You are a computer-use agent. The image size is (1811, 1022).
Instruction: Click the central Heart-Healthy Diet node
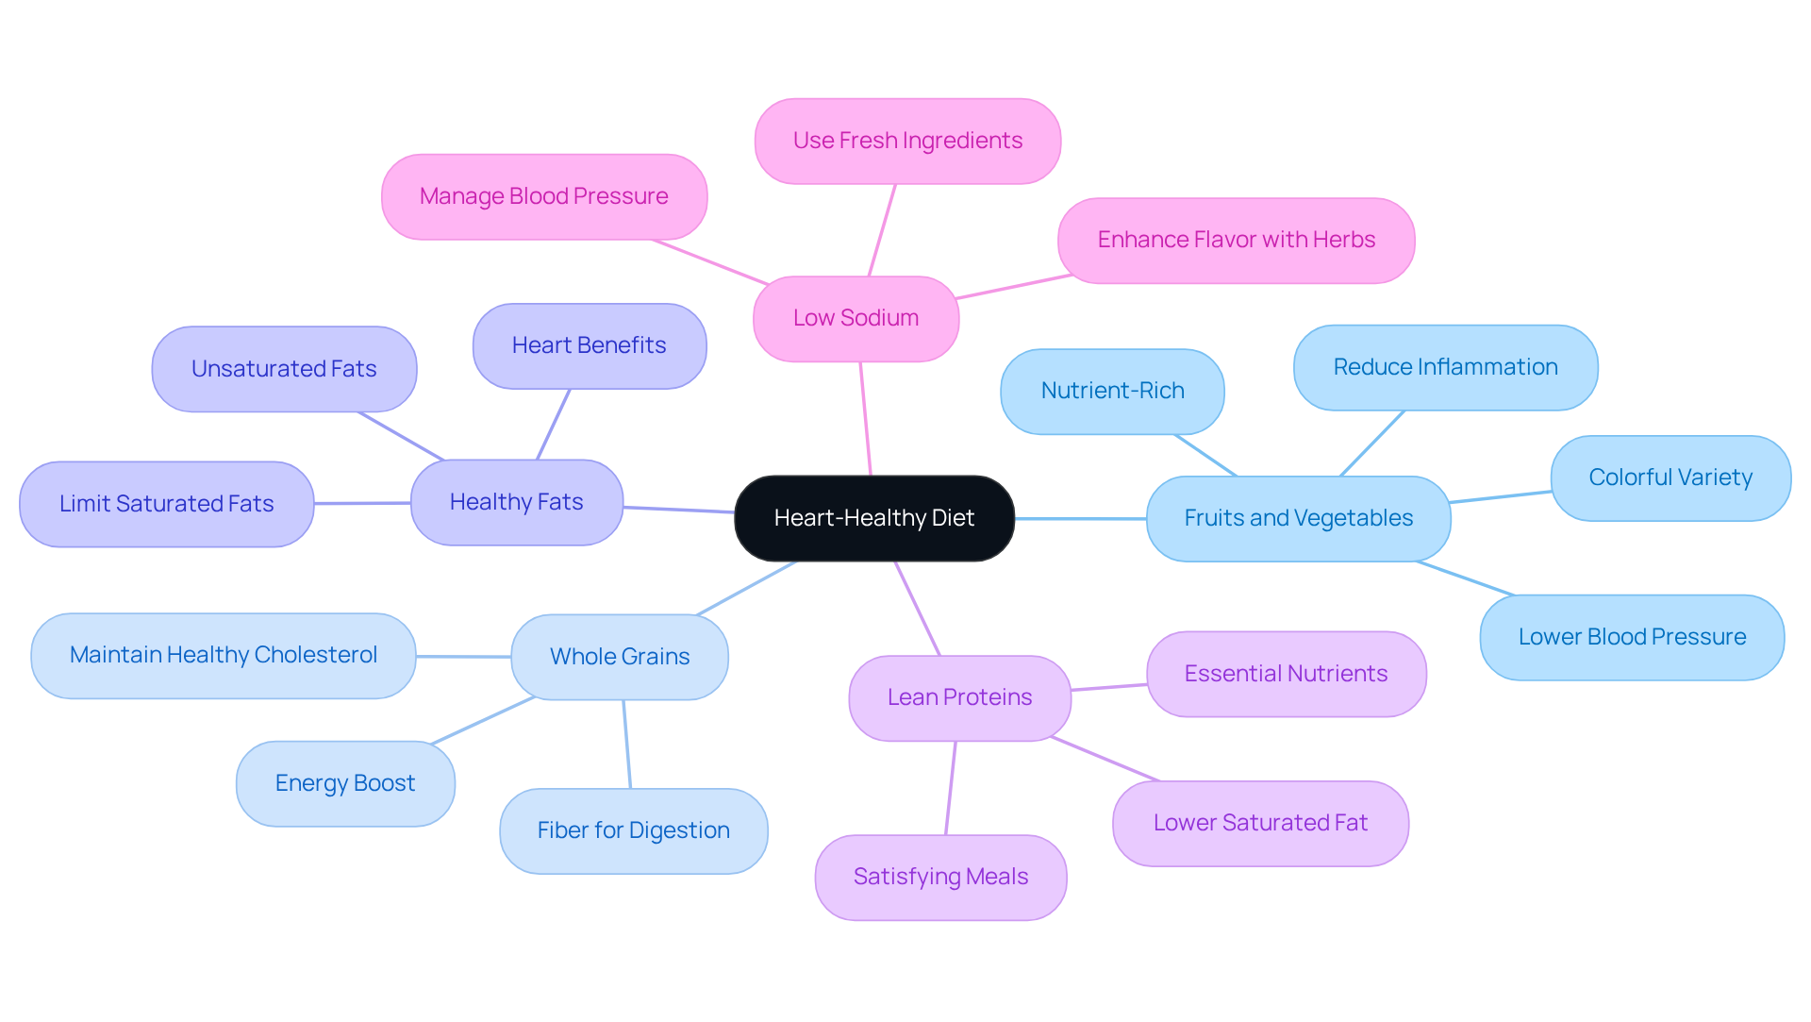(873, 518)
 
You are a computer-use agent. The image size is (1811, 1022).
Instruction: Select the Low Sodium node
(856, 318)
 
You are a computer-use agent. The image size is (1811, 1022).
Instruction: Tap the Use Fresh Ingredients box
(907, 141)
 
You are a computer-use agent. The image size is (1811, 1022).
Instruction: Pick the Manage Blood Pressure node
(543, 196)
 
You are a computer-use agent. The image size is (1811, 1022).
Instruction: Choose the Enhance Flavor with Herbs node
(1236, 240)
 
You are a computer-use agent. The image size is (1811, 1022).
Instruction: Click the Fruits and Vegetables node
(1298, 518)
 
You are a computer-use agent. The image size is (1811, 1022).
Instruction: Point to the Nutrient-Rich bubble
(1112, 391)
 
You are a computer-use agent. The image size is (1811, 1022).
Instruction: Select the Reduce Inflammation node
(1445, 367)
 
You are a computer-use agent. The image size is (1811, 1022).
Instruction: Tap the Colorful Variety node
(1670, 477)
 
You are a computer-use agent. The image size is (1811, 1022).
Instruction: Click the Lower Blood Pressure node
(1631, 637)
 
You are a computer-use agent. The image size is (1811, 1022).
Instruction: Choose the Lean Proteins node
(959, 697)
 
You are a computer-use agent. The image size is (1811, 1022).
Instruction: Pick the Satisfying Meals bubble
(940, 877)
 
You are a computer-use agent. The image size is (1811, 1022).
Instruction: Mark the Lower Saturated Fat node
(1259, 823)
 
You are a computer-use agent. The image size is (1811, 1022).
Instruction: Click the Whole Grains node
(619, 657)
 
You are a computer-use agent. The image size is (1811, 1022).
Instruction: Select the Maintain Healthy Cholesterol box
(223, 655)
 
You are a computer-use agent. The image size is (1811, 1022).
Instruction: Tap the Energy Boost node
(344, 783)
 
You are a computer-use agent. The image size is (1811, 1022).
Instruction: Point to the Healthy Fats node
(516, 502)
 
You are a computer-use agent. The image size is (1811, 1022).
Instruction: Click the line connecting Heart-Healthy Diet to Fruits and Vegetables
(1080, 518)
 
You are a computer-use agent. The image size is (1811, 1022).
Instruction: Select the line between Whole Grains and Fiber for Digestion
(626, 744)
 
